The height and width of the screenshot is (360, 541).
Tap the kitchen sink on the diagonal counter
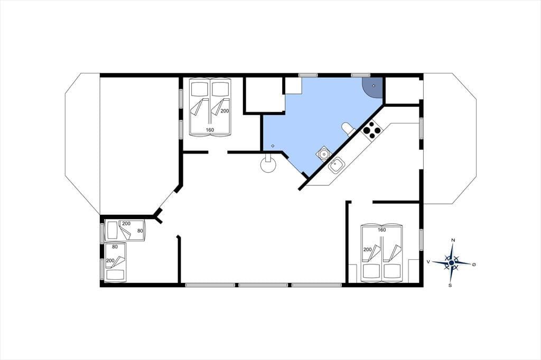[x=335, y=166]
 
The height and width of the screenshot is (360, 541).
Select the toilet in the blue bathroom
[x=348, y=128]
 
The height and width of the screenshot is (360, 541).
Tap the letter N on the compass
[x=453, y=240]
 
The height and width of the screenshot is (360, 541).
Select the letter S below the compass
[x=450, y=285]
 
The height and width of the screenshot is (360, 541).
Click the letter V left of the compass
[x=428, y=262]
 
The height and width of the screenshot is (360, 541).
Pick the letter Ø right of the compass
[x=474, y=264]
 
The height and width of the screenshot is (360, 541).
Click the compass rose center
[x=451, y=263]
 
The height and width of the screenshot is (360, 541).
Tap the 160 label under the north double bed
[x=210, y=130]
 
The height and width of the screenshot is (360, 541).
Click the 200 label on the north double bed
[x=225, y=111]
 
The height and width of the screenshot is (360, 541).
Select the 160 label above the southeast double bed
[x=381, y=230]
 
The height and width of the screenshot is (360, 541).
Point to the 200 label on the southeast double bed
[x=368, y=250]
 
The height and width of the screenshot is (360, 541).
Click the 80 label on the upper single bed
[x=140, y=231]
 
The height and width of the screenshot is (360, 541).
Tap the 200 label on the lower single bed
[x=110, y=261]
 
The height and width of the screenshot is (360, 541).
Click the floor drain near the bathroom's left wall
[x=273, y=146]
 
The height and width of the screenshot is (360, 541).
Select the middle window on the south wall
[x=263, y=285]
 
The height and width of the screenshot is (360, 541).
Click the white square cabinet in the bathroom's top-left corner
[x=293, y=86]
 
